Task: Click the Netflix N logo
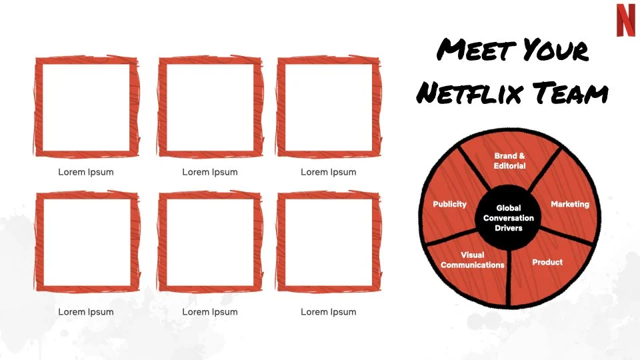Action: (625, 19)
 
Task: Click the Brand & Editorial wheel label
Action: (510, 161)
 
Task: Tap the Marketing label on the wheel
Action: (570, 204)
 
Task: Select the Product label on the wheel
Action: (547, 262)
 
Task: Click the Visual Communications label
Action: (473, 260)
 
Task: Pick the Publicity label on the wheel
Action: (450, 204)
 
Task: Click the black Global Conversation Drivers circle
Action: (509, 218)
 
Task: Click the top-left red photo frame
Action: (86, 107)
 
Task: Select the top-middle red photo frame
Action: (210, 107)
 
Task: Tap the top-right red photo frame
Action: (329, 107)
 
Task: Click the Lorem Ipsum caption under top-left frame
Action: (86, 172)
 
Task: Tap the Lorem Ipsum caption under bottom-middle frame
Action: (210, 312)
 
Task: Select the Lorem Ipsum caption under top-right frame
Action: (329, 172)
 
